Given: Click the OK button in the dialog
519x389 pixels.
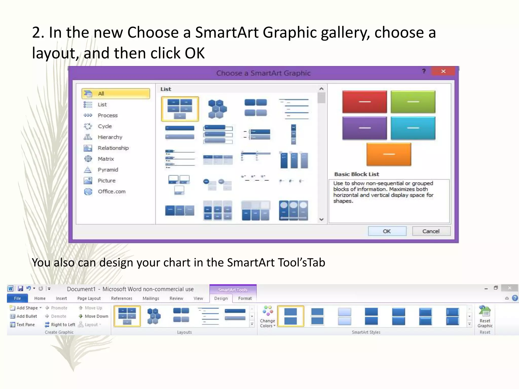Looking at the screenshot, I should [x=387, y=231].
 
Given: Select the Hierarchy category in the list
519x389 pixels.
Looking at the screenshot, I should [x=110, y=137].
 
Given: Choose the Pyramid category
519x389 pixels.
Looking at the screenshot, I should [x=108, y=170].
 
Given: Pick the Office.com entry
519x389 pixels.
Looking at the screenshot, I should [x=112, y=191].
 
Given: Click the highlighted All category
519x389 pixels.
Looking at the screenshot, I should [x=116, y=93].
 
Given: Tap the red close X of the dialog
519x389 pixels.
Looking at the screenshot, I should [x=443, y=71].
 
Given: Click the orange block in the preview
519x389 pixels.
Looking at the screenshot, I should [x=389, y=154].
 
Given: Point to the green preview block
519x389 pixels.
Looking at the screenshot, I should [x=413, y=102].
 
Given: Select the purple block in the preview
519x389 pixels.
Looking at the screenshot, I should [x=364, y=128].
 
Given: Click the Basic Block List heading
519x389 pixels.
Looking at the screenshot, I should [x=357, y=174].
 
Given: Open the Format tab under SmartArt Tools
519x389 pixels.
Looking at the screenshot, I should [x=245, y=298].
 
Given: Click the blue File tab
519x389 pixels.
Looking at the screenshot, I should [x=17, y=298].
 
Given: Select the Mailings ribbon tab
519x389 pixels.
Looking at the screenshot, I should [x=151, y=298].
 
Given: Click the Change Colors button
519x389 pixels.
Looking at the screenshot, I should [x=267, y=317].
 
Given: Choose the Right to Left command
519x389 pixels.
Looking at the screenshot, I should [x=60, y=324].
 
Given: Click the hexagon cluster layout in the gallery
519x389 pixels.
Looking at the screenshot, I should [x=217, y=109].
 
